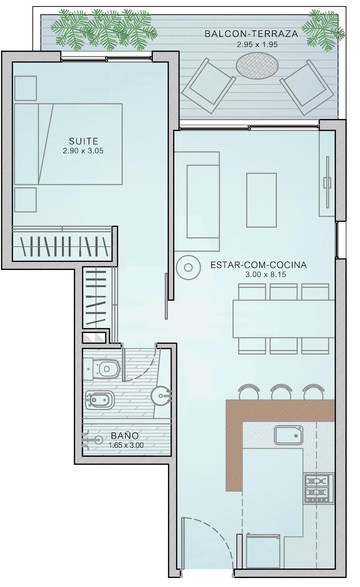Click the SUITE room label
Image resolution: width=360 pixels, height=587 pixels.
coord(83,141)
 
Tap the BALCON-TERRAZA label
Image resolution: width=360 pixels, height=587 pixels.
coord(251,34)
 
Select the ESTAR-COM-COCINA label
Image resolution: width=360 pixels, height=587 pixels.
coord(258,265)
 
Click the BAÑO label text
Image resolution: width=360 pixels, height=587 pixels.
coord(125,436)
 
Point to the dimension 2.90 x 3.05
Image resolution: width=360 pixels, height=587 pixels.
coord(83,151)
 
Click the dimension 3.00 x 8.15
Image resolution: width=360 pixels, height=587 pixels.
coord(266,274)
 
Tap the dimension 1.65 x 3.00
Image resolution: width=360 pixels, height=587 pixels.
coord(126,445)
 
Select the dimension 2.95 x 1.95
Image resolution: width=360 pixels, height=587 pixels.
coord(257,44)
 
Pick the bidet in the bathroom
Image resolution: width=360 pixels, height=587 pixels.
coord(99,399)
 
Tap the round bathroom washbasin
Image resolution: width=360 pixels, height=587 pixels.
coord(161,396)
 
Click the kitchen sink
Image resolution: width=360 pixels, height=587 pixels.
coord(289,435)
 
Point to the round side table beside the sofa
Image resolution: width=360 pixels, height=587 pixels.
coord(188,267)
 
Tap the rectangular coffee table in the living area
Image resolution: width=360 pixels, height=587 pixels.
coord(262,200)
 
